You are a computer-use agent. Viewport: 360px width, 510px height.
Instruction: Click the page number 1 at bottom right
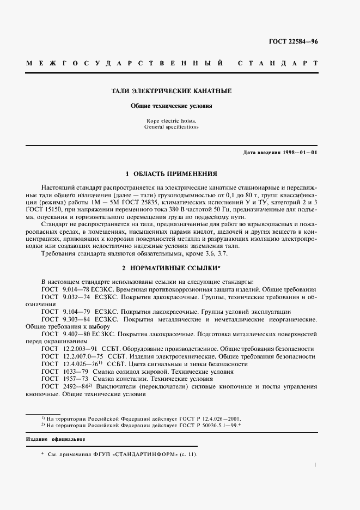[x=316, y=465]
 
